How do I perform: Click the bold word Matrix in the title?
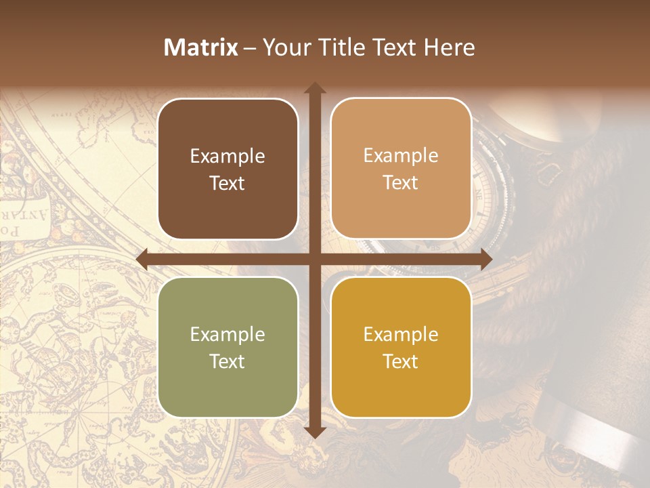(201, 47)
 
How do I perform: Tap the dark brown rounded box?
(227, 169)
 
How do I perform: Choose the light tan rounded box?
(401, 169)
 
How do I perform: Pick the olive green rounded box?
(227, 347)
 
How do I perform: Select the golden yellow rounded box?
(401, 347)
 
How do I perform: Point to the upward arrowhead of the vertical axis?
(314, 89)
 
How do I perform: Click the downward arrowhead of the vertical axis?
(314, 432)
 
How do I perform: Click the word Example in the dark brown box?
(227, 157)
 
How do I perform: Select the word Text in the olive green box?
(227, 361)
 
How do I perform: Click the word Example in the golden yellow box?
(401, 334)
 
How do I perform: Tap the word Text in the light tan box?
(401, 183)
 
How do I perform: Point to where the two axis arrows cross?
(314, 260)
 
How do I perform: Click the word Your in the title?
(284, 47)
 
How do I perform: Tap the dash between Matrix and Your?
(250, 48)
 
